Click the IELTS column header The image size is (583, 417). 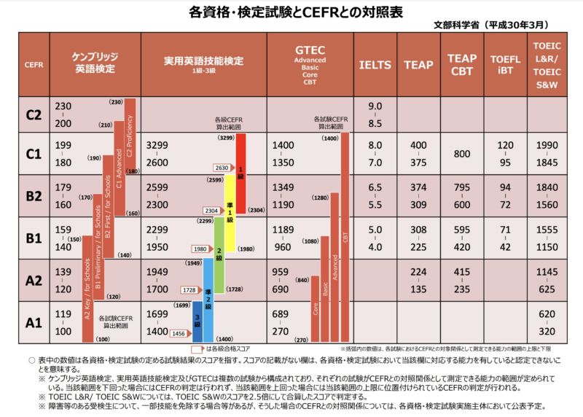click(x=375, y=64)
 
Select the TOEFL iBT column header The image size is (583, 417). click(x=505, y=64)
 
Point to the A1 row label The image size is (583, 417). click(x=33, y=321)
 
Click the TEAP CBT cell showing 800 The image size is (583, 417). click(x=461, y=154)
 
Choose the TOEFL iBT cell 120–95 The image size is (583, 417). click(x=505, y=154)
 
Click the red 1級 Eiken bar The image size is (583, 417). click(x=241, y=171)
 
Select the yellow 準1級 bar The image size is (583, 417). click(x=230, y=211)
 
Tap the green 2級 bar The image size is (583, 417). click(x=219, y=252)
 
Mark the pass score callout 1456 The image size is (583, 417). click(x=178, y=333)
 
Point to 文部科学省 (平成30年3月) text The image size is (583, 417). click(x=505, y=24)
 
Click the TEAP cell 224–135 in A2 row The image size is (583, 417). click(x=418, y=280)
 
